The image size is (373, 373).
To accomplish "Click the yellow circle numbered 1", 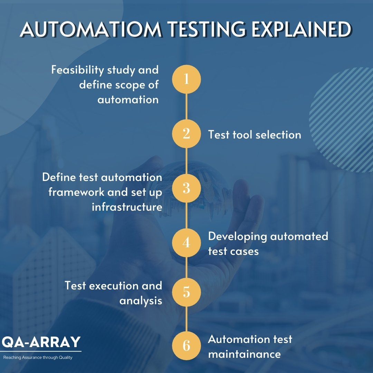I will pos(186,79).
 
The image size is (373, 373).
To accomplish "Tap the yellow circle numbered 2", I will pos(186,134).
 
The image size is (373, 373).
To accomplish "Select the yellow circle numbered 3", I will pos(186,188).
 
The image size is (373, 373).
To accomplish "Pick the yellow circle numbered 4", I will pos(186,243).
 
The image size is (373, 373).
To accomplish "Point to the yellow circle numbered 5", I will pos(186,292).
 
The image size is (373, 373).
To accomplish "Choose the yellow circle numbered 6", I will pos(186,346).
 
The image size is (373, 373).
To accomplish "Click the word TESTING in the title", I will pos(207,30).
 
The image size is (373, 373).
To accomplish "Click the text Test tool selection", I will pos(255,135).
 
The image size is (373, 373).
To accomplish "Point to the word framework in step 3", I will pos(76,192).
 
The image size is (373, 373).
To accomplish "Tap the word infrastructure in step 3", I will pos(127,207).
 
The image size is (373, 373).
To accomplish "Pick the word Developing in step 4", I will pos(238,237).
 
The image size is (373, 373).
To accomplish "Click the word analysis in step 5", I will pos(141,300).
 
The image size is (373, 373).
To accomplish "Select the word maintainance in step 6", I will pos(244,354).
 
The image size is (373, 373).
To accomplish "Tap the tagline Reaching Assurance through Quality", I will pos(38,357).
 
